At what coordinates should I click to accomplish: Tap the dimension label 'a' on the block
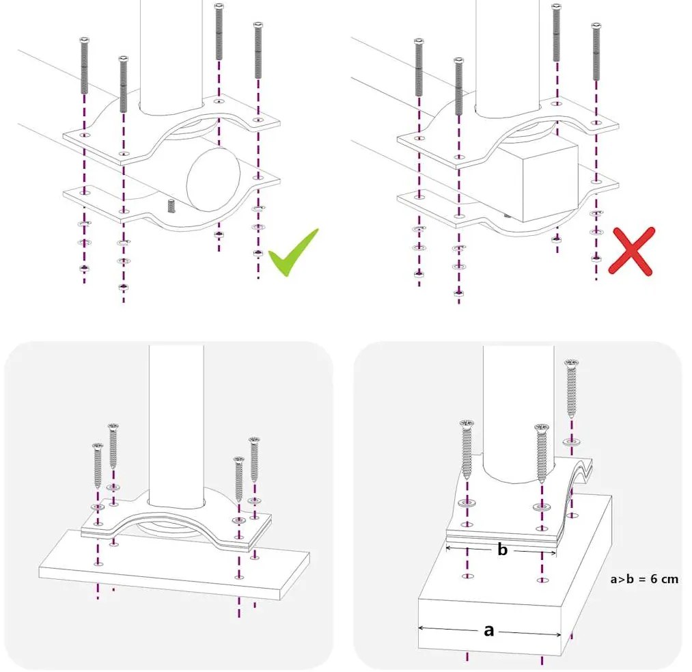point(488,630)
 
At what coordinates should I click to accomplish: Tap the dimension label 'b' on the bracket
point(502,550)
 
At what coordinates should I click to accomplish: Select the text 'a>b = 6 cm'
point(644,579)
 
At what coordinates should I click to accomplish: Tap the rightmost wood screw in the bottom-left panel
point(254,459)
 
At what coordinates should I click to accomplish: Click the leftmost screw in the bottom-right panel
point(467,448)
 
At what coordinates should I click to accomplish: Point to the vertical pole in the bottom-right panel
point(518,410)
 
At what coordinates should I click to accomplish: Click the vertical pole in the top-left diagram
point(171,55)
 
